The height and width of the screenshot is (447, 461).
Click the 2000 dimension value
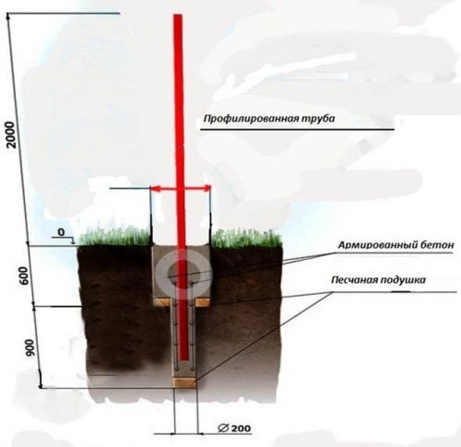[11, 135]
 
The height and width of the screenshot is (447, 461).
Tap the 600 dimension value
[25, 276]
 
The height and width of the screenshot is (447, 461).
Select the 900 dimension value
[30, 348]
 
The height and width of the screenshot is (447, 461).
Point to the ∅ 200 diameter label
[234, 428]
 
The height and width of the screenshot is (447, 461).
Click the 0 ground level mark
[62, 232]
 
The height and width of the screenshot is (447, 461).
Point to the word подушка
[403, 280]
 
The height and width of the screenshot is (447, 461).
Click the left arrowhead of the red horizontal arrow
[156, 189]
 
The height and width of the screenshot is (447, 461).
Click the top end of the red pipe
[178, 15]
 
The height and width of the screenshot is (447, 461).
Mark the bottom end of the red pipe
[184, 359]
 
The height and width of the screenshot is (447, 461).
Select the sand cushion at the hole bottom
[184, 382]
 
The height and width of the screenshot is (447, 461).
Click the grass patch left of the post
[116, 237]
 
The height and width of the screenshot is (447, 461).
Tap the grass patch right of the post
[247, 237]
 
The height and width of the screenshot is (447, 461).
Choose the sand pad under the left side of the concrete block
[162, 302]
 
